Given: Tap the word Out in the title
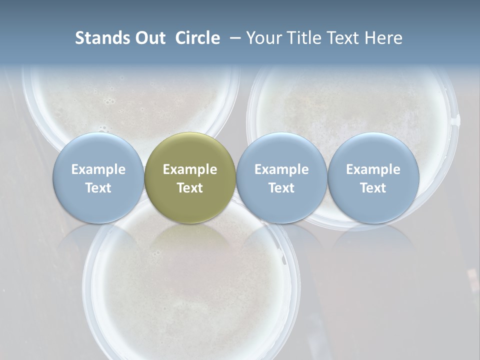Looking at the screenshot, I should click(x=148, y=38).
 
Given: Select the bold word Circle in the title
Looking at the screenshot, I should click(x=197, y=38).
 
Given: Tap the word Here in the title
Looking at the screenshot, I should click(x=384, y=38).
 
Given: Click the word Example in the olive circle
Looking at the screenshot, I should click(x=190, y=169).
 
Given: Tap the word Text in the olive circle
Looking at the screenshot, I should click(x=190, y=188).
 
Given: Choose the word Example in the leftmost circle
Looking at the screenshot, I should click(x=98, y=169).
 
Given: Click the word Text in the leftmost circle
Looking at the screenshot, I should click(x=98, y=188).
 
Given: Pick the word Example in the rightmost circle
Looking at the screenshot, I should click(x=373, y=169).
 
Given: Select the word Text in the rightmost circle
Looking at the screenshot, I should click(x=373, y=188).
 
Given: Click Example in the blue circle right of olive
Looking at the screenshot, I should click(x=281, y=169).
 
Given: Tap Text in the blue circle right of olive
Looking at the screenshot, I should click(x=281, y=188).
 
